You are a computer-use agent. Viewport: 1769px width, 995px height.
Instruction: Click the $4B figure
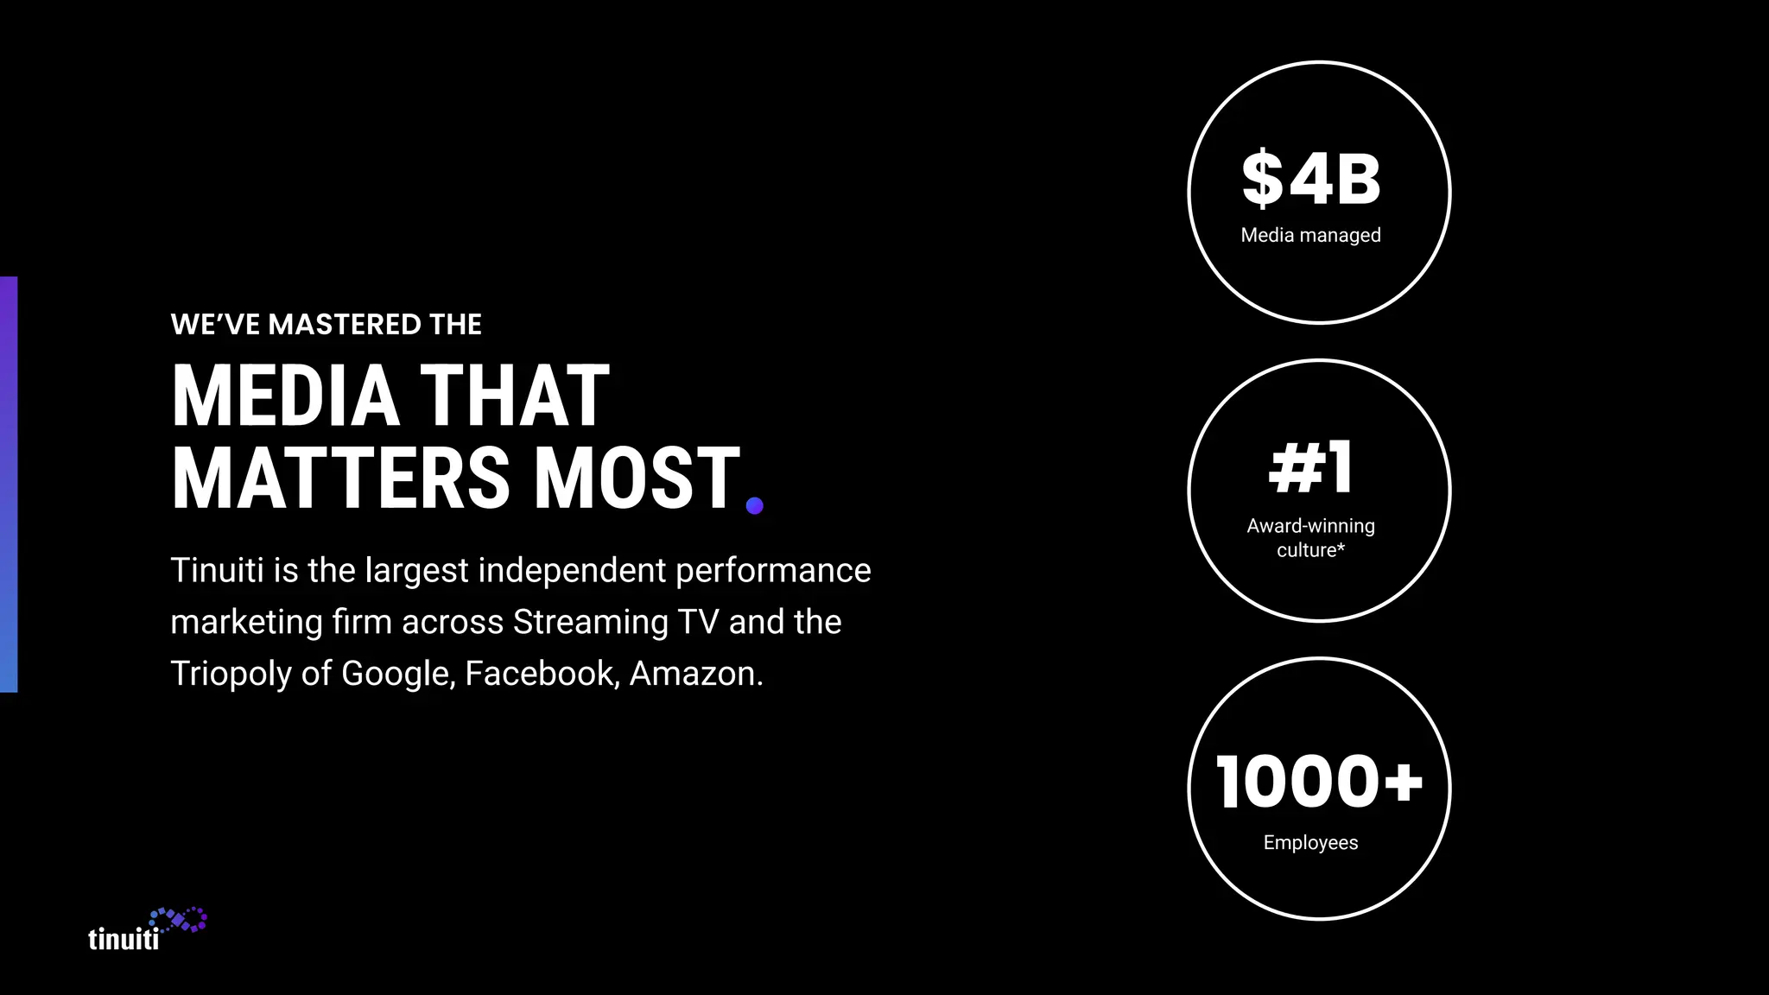[x=1311, y=179]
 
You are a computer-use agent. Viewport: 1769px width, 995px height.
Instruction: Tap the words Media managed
[x=1310, y=235]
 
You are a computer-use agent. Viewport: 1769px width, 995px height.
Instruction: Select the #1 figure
[x=1310, y=467]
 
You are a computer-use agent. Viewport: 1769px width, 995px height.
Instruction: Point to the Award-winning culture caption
[x=1310, y=537]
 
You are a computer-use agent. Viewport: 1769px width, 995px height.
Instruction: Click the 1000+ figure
[x=1318, y=782]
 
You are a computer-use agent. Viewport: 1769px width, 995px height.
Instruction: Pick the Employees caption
[x=1310, y=842]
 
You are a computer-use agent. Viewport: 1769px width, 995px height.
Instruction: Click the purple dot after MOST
[x=754, y=505]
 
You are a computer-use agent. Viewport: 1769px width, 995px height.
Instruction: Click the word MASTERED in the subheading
[x=345, y=325]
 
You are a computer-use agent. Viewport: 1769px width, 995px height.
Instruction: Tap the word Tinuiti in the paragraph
[x=217, y=570]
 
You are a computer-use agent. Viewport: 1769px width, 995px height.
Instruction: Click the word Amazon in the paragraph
[x=694, y=674]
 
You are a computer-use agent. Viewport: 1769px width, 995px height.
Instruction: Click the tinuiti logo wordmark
[x=124, y=939]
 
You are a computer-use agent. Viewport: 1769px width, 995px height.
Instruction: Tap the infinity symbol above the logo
[x=179, y=920]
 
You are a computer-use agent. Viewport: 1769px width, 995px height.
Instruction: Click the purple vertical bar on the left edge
[x=9, y=484]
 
